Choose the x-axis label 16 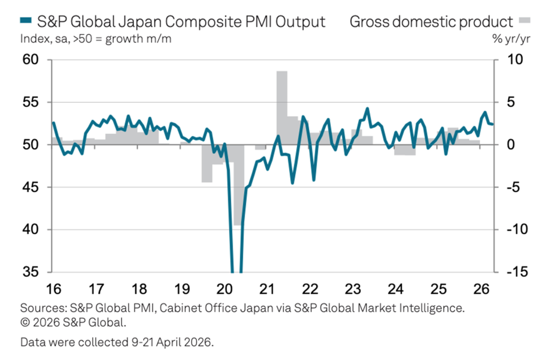point(53,289)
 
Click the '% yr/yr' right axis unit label point(513,39)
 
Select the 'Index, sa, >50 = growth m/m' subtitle point(96,39)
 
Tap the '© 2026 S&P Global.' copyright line point(73,323)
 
